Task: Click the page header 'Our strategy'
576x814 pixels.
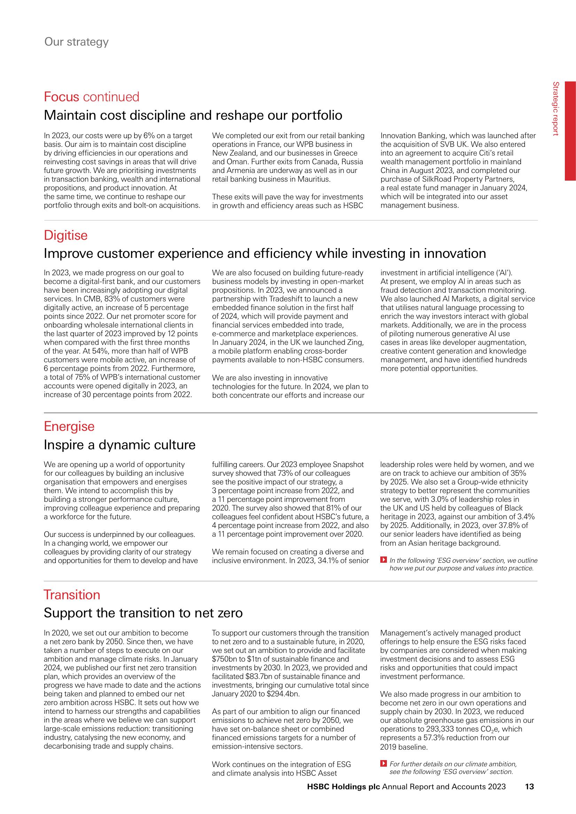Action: coord(76,42)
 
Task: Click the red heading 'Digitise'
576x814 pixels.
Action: coord(65,235)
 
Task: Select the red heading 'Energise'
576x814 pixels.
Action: coord(69,426)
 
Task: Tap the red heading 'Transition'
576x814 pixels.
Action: coord(72,594)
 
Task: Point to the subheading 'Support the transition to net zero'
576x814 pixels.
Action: coord(143,613)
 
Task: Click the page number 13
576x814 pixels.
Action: coord(529,797)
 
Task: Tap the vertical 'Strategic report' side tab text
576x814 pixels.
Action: coord(556,109)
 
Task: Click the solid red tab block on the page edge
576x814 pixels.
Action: coord(570,131)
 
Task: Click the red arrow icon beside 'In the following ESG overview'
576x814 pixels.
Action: coord(383,561)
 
